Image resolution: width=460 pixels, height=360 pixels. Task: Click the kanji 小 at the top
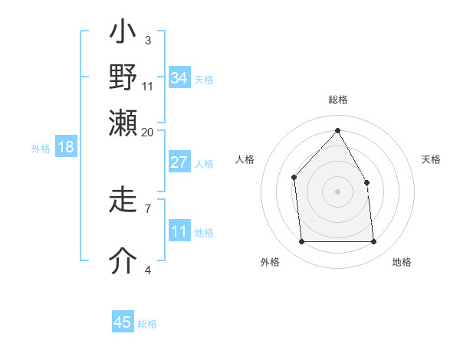click(123, 34)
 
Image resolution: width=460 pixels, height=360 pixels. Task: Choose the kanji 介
click(123, 261)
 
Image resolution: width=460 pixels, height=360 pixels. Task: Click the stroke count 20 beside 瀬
click(147, 132)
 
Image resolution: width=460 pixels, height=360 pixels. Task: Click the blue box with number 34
click(179, 78)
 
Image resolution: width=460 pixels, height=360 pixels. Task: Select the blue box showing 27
click(179, 162)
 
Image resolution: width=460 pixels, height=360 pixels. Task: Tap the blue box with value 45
click(123, 322)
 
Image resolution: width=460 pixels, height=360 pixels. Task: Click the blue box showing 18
click(65, 147)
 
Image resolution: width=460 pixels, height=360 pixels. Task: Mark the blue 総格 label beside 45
click(147, 324)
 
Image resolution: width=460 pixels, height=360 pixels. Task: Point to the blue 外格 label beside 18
click(41, 149)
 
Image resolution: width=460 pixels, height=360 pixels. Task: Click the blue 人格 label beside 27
click(204, 164)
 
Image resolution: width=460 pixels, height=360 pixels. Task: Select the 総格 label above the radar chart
click(337, 100)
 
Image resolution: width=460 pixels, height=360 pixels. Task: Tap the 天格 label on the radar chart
click(431, 159)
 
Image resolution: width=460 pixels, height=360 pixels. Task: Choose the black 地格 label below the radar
click(402, 263)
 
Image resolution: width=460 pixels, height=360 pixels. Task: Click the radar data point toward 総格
click(337, 130)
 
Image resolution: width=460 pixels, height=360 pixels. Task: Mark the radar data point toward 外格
click(301, 242)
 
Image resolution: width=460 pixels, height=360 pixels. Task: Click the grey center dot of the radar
click(337, 191)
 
